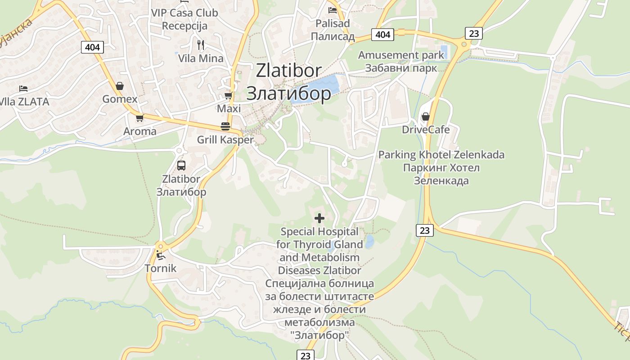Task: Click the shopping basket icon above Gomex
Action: pos(120,85)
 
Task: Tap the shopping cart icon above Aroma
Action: pos(139,118)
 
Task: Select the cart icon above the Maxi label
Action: pos(229,96)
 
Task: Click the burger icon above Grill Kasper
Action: pos(225,126)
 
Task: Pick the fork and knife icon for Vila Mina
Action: pos(201,45)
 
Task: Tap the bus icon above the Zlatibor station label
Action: pos(181,165)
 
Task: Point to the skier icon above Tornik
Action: pos(161,256)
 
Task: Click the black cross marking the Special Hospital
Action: pos(319,219)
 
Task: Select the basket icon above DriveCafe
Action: pos(426,117)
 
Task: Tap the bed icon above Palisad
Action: pos(333,10)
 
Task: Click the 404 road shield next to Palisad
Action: pos(383,34)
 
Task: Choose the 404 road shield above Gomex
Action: pos(93,47)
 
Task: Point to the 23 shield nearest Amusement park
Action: pos(474,33)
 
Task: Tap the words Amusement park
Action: pos(401,55)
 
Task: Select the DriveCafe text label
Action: pos(426,130)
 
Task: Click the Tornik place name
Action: pos(161,269)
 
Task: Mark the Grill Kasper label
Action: pos(225,140)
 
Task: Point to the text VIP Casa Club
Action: pos(184,13)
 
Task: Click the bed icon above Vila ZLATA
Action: pos(23,88)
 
